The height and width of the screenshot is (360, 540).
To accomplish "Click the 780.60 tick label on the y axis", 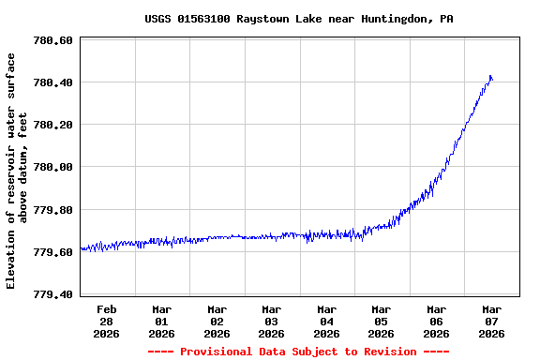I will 52,40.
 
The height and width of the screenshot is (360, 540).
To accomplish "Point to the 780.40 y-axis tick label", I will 52,82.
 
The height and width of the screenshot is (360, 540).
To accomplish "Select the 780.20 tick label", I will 52,125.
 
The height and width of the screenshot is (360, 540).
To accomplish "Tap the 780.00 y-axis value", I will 52,167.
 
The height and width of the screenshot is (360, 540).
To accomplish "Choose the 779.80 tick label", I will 52,210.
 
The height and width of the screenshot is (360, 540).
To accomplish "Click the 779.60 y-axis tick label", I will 52,252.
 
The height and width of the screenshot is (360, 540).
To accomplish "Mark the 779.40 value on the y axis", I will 52,294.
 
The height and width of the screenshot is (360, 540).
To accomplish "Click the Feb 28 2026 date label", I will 107,321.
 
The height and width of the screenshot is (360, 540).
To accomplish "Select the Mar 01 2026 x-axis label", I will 161,321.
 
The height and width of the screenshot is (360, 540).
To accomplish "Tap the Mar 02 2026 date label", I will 217,321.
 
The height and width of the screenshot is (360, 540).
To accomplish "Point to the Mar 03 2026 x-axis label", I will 271,321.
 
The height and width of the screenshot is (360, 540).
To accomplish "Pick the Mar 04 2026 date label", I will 326,321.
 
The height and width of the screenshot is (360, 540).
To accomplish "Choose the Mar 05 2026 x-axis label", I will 381,321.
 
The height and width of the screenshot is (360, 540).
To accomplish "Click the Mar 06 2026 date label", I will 436,321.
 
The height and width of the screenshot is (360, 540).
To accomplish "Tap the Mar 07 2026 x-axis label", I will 491,321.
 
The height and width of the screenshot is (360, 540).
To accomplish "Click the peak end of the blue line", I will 490,76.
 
